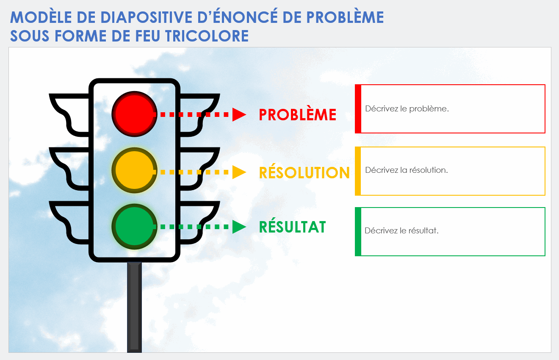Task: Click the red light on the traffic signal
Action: (134, 114)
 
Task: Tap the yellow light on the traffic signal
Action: (134, 170)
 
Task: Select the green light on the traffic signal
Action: (134, 226)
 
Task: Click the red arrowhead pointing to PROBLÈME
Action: (239, 114)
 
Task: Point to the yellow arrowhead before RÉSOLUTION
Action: (239, 172)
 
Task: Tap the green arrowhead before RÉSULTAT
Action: (239, 227)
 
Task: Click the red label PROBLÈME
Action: (297, 115)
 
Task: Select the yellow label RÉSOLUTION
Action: (304, 172)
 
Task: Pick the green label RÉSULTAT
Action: (292, 227)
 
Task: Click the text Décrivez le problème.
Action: (407, 108)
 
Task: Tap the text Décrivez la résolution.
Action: (406, 170)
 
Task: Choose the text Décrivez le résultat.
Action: (401, 231)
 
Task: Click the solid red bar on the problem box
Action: (358, 109)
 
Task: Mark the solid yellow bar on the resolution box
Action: (358, 171)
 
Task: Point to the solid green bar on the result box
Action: (358, 232)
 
